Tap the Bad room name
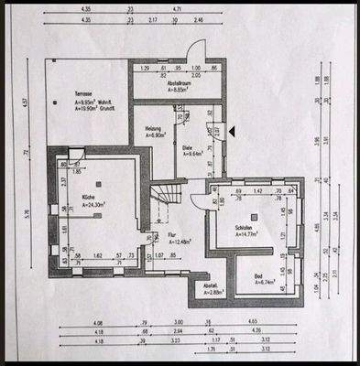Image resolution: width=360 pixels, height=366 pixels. tap(259, 275)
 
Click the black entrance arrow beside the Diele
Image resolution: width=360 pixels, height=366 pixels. tap(233, 133)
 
